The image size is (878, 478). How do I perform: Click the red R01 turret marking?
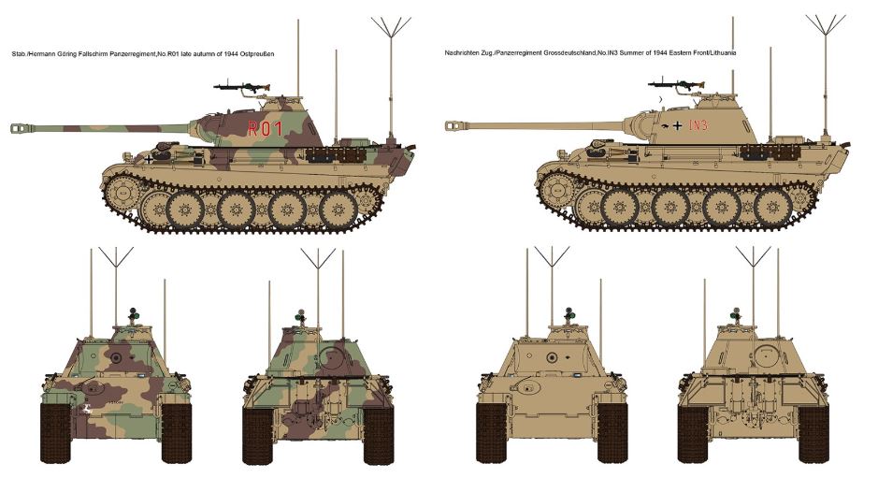pos(266,129)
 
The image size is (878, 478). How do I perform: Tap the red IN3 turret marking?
pos(698,125)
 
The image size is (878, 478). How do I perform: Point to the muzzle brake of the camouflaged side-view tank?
pos(21,128)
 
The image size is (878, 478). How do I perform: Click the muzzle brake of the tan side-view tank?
pos(455,126)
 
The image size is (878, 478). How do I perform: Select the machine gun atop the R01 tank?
pos(241,87)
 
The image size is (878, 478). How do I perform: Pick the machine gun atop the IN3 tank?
pos(675,85)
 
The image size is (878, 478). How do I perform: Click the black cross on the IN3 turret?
pos(678,125)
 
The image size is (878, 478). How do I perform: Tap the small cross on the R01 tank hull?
pos(149,159)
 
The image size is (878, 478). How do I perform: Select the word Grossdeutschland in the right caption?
pos(569,52)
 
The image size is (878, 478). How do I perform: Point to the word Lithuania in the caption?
pos(722,52)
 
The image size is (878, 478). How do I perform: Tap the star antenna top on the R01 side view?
pos(391,27)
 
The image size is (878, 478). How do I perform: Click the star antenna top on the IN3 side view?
pos(826,25)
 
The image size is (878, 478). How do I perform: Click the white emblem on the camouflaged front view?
pos(87,409)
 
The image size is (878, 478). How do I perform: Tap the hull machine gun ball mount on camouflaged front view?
pos(90,386)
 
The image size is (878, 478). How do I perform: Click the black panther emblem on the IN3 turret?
pos(665,125)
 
